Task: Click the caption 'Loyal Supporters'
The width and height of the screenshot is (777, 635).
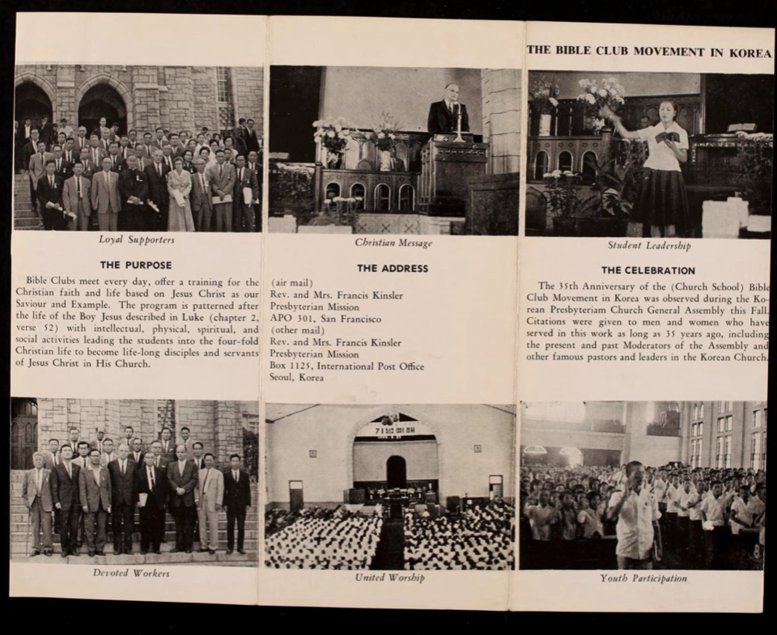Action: point(136,239)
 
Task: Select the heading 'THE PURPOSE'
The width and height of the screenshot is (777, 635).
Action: point(136,265)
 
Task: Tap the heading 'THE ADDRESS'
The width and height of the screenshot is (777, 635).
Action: point(393,268)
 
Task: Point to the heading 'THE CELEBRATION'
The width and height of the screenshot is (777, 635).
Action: point(647,270)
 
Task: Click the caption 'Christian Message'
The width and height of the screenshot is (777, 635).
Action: point(393,243)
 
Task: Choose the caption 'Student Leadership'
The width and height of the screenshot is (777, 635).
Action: point(649,245)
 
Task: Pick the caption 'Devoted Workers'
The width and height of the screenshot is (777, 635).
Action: point(131,573)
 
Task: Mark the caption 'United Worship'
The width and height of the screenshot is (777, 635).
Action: point(389,578)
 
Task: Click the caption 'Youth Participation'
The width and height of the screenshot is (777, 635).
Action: point(643,578)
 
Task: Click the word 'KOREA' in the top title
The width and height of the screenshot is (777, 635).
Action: point(750,52)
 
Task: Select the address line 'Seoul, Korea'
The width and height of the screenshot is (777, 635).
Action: point(297,378)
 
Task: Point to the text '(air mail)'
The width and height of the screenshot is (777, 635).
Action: point(292,283)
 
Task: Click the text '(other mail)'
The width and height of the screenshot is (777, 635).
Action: point(296,331)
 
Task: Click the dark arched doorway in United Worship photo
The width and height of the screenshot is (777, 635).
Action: point(396,471)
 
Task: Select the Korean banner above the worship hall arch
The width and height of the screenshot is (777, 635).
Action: point(394,430)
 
